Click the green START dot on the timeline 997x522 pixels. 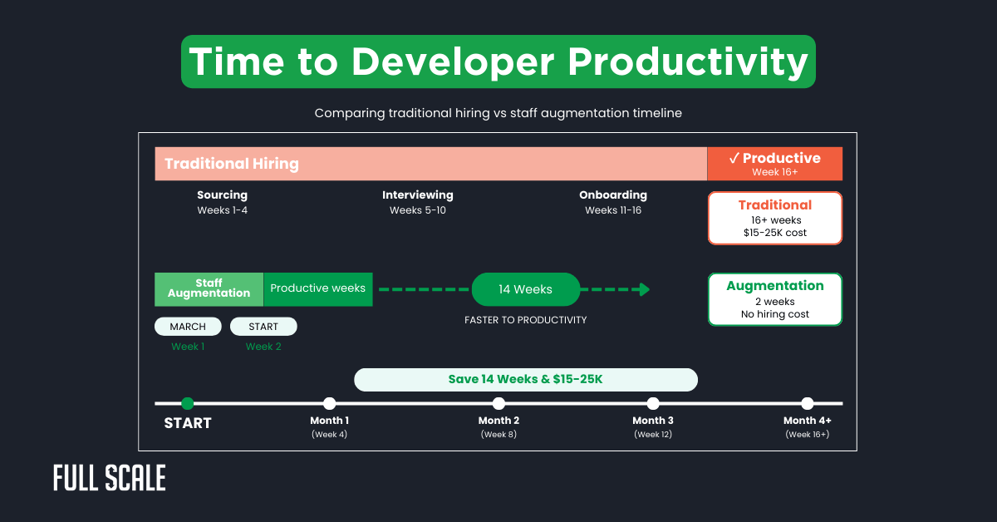click(x=188, y=403)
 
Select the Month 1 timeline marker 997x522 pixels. click(x=330, y=403)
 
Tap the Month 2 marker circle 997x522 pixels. click(x=498, y=403)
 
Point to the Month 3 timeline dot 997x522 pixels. click(x=653, y=403)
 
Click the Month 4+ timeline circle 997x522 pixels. click(x=808, y=403)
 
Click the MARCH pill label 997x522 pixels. click(x=188, y=327)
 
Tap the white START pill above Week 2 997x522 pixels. click(x=263, y=327)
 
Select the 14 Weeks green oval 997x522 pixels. click(x=525, y=289)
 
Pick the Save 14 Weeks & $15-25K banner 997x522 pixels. click(x=525, y=379)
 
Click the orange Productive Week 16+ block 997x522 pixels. click(x=774, y=164)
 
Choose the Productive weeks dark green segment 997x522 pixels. click(x=318, y=289)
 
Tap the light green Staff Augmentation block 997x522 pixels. click(x=209, y=289)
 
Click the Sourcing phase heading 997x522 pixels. click(x=222, y=195)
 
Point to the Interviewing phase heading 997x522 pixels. click(x=418, y=195)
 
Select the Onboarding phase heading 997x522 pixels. click(x=613, y=195)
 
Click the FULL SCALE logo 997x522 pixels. click(x=110, y=478)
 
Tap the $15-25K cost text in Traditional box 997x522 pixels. click(x=774, y=233)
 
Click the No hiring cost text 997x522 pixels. click(x=774, y=314)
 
